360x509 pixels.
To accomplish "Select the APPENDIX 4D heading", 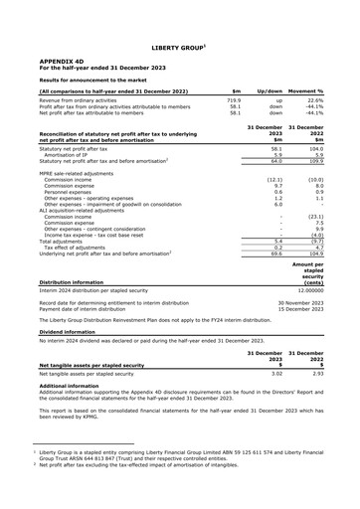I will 62,61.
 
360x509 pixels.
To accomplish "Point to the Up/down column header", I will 271,90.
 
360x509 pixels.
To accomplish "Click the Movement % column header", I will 316,90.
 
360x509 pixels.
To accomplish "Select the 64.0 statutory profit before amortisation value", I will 277,162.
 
